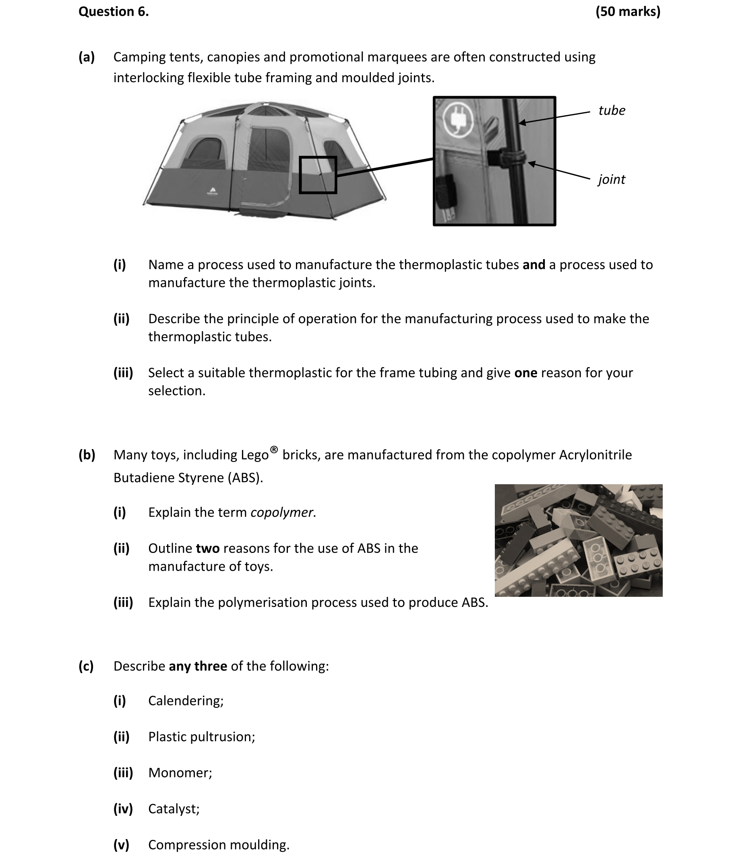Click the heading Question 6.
coord(113,12)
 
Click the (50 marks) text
coord(627,12)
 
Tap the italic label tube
coord(611,111)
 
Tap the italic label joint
coord(611,179)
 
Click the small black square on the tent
coord(318,175)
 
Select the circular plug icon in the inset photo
coord(458,119)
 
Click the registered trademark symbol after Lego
coord(273,450)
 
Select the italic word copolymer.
coord(283,513)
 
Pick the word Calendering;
coord(186,701)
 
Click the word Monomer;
coord(180,773)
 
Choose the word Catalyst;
coord(174,809)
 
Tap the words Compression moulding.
coord(218,845)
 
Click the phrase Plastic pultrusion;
coord(201,737)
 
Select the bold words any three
coord(198,666)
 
